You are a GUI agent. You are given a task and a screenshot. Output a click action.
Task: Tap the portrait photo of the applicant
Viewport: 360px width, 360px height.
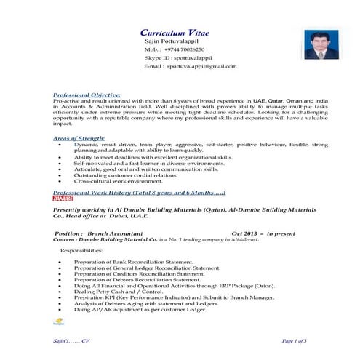pyautogui.click(x=318, y=44)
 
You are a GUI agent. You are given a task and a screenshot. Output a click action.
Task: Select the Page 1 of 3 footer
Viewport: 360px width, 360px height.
pyautogui.click(x=294, y=340)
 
